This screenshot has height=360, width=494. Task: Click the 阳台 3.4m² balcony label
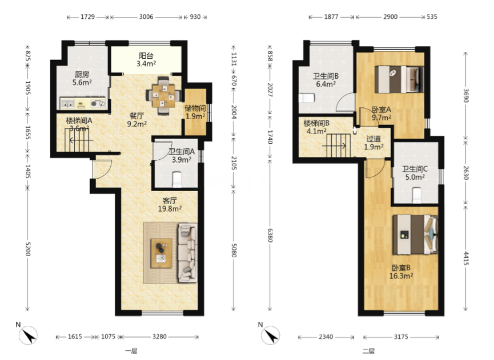pos(146,60)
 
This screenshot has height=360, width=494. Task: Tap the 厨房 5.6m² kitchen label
pos(82,78)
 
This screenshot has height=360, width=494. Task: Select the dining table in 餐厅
pos(163,95)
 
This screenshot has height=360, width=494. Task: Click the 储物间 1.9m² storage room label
pos(195,112)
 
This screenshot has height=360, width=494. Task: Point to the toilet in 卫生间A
pos(177,179)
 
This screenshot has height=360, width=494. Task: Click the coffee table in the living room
pos(161,253)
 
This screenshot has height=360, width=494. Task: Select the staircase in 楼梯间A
pos(79,139)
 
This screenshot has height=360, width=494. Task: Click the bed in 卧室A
pos(399,79)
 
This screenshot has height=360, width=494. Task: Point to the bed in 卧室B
pos(415,234)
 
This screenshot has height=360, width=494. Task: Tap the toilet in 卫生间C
pos(417,195)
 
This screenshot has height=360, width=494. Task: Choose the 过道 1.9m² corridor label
pos(373,143)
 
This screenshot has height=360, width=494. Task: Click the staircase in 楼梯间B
pos(338,145)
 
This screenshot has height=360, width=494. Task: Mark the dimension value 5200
pos(28,249)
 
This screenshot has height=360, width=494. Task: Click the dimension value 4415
pos(466,258)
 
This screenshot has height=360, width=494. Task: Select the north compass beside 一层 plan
pos(28,335)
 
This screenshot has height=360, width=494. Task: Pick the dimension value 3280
pos(159,337)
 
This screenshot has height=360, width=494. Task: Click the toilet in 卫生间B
pos(307,98)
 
